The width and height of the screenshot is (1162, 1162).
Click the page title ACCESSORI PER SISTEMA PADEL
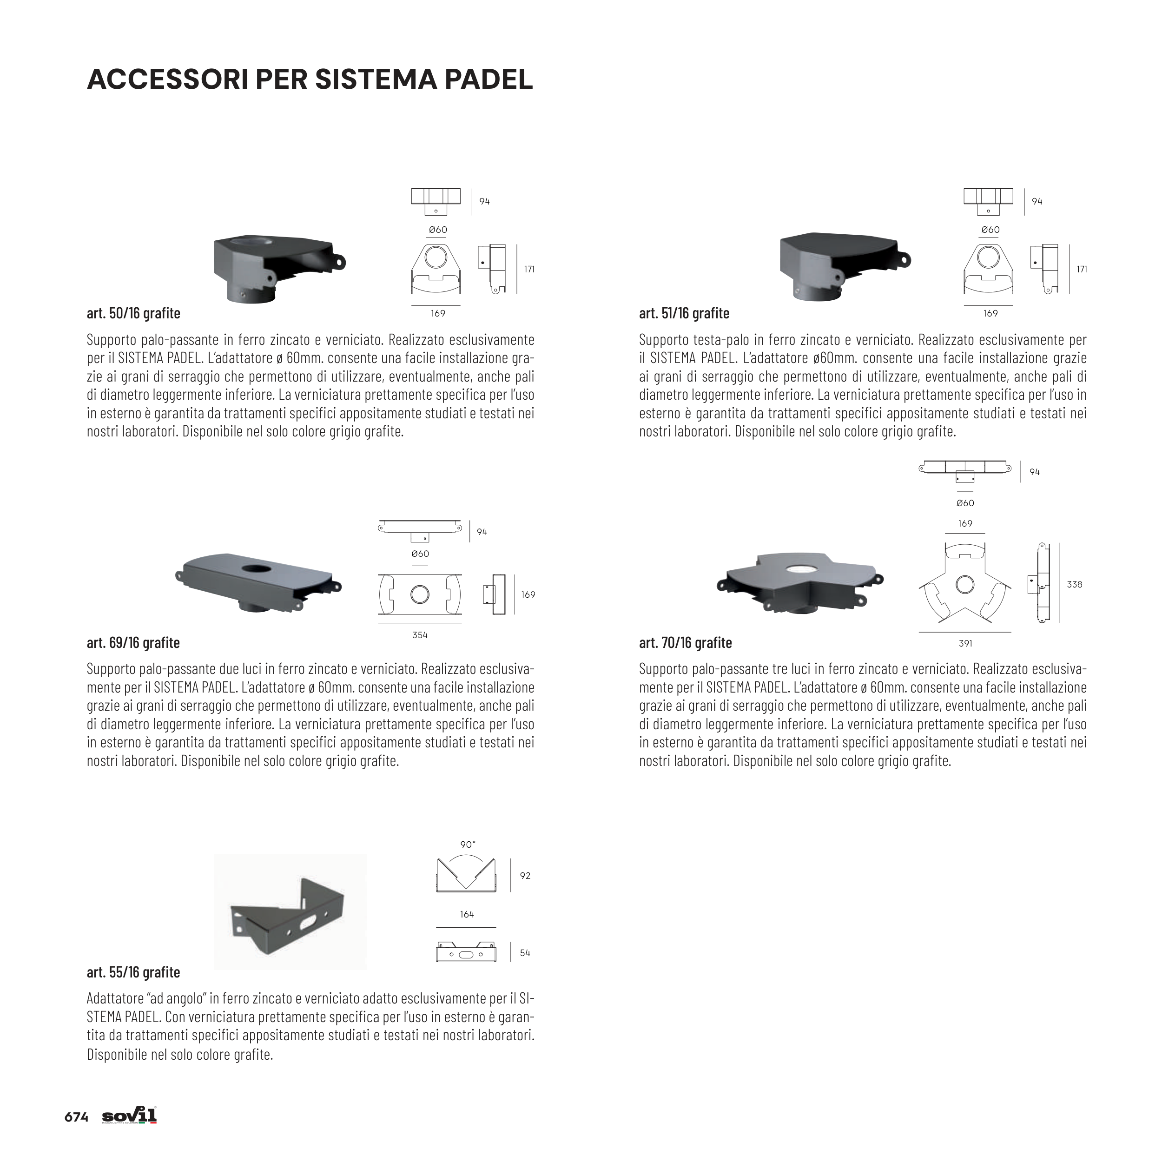click(x=310, y=79)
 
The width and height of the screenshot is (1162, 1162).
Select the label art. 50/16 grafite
click(x=133, y=313)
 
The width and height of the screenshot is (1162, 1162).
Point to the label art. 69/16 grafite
click(x=133, y=643)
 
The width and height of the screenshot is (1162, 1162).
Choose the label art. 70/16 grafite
click(x=685, y=643)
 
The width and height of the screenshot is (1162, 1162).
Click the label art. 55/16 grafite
click(x=133, y=972)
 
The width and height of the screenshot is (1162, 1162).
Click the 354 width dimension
click(x=420, y=635)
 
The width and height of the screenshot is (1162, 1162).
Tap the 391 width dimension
click(x=965, y=644)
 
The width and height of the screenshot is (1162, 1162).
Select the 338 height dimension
click(x=1074, y=584)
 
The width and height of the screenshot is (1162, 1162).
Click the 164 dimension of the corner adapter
click(x=467, y=915)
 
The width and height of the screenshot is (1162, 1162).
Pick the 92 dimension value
click(x=525, y=876)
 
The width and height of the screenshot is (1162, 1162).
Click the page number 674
click(x=76, y=1117)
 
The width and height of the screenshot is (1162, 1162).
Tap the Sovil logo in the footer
click(x=129, y=1116)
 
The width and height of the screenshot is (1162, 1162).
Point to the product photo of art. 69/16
click(x=258, y=581)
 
